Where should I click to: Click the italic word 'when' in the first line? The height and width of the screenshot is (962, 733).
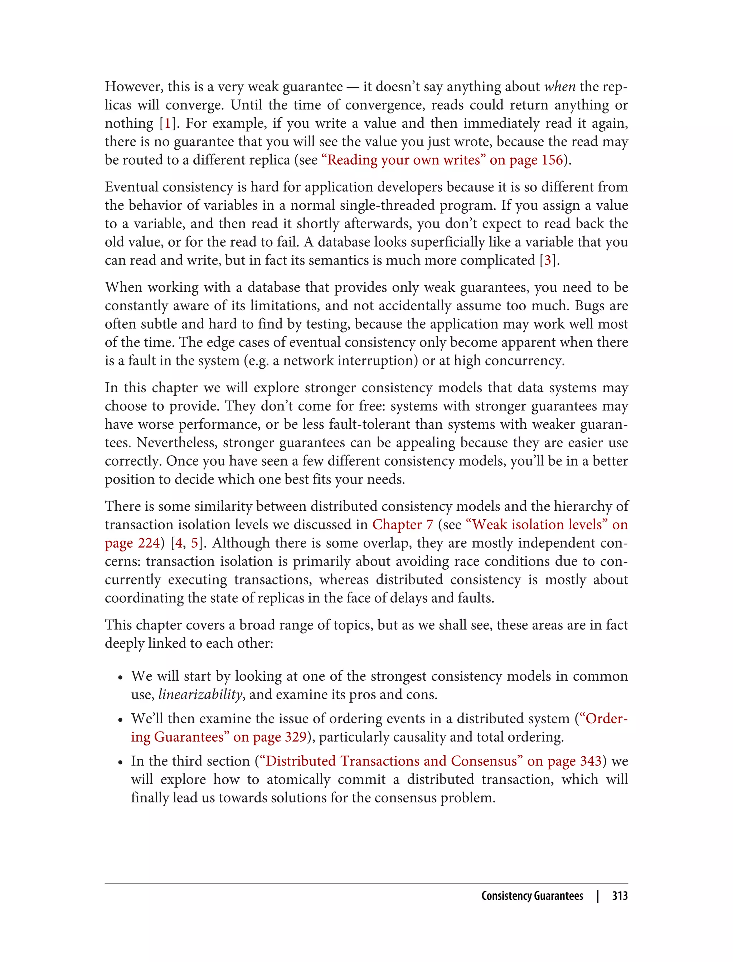click(560, 87)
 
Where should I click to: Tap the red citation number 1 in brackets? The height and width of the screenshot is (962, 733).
click(167, 123)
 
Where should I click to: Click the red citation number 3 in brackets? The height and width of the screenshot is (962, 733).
click(548, 261)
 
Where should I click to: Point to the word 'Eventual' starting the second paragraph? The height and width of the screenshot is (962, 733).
click(132, 187)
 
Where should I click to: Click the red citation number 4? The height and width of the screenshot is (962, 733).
click(179, 543)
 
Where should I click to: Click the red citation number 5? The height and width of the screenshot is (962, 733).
click(195, 543)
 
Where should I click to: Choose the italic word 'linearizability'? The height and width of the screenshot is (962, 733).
click(200, 694)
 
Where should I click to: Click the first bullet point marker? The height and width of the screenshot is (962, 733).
click(121, 677)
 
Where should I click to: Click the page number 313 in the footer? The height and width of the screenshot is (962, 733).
click(620, 896)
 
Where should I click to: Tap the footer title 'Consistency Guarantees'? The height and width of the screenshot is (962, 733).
click(532, 896)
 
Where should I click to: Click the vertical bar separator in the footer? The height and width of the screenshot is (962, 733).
click(598, 896)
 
